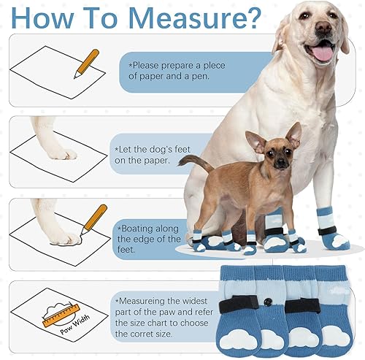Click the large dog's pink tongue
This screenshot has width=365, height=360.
(322, 52)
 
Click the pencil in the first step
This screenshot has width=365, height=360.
(86, 63)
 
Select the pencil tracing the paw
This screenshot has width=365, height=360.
(93, 220)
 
